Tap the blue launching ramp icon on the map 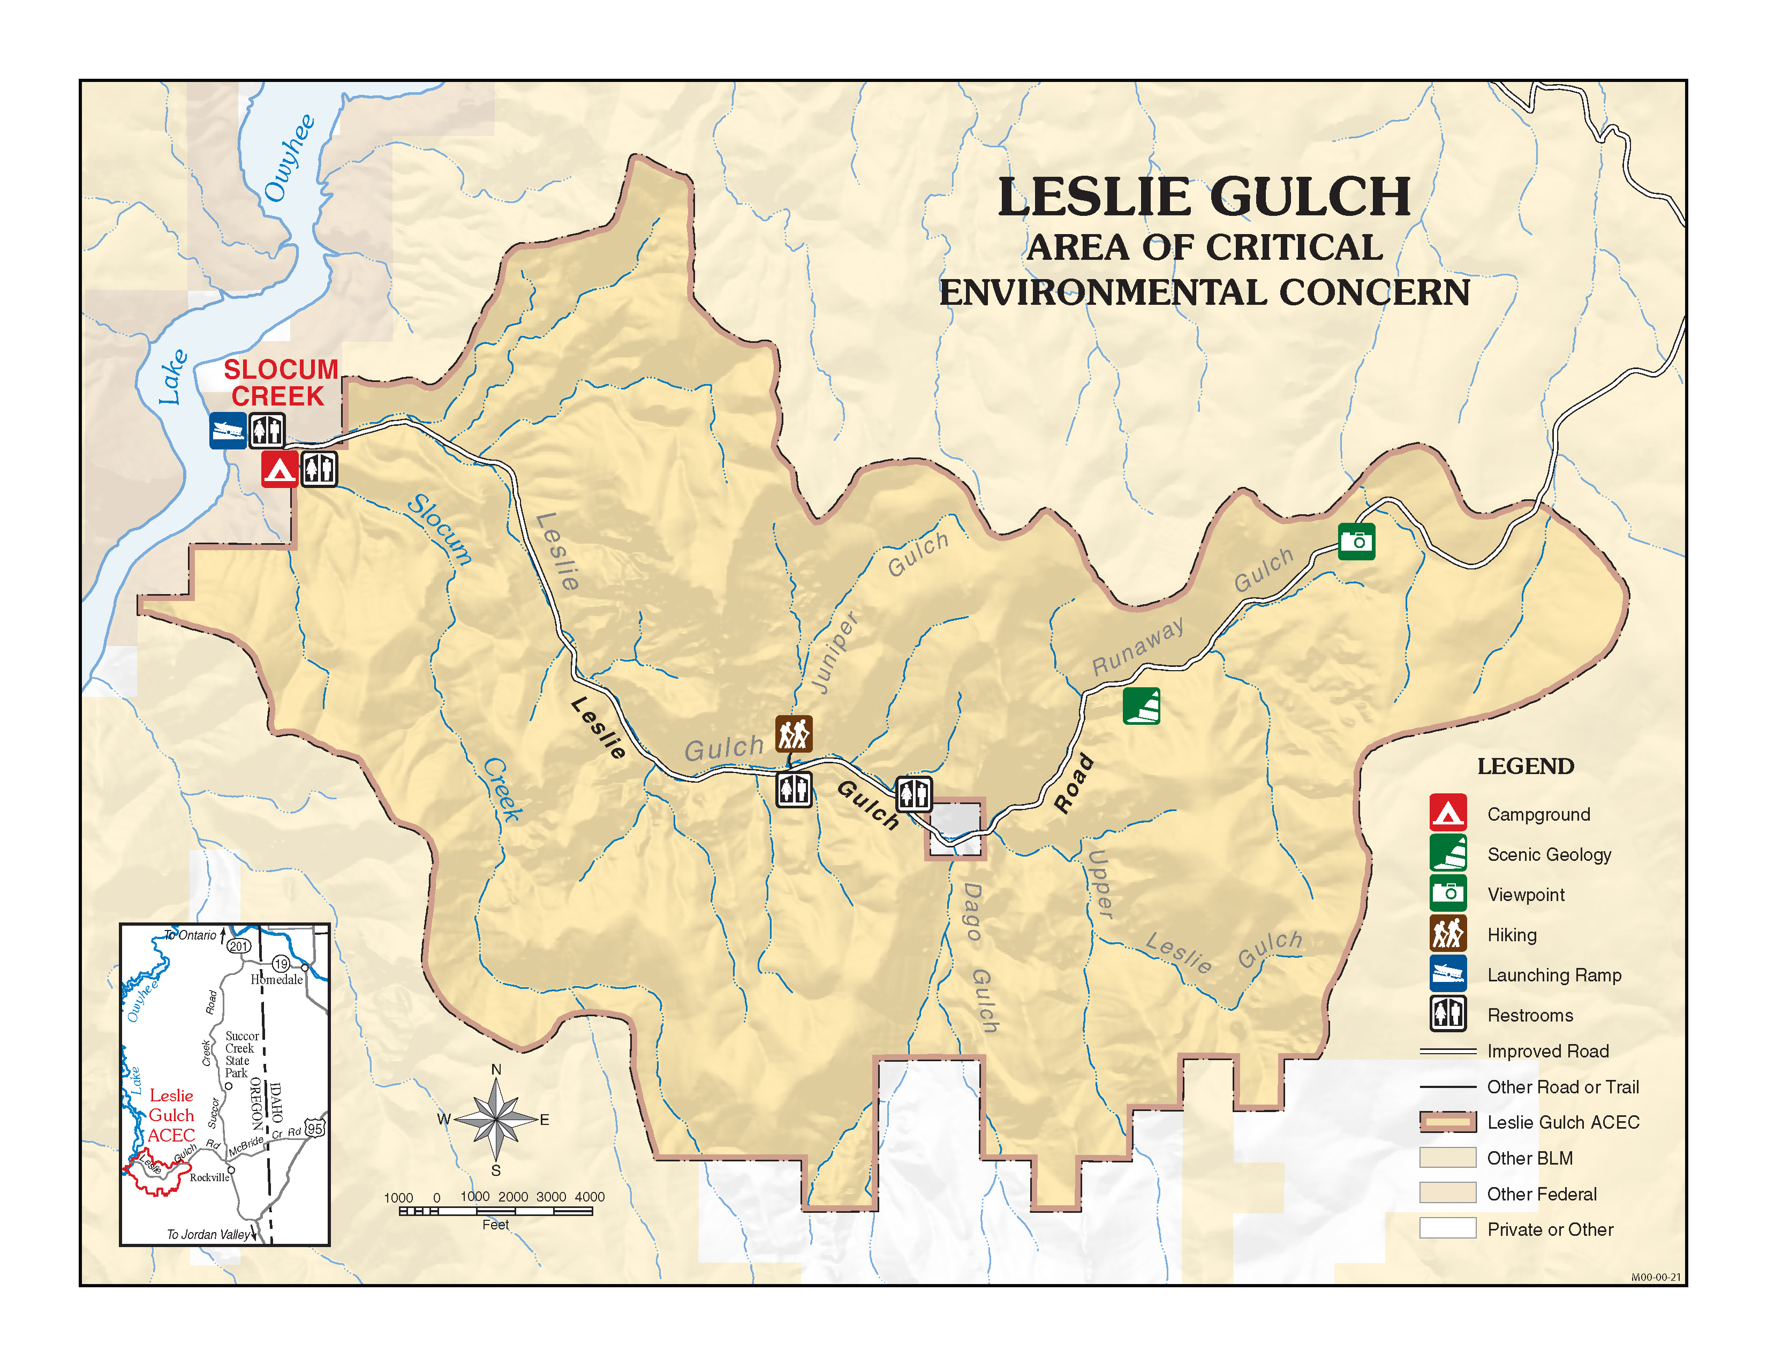coord(228,431)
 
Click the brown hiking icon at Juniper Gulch coord(793,734)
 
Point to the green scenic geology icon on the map coord(1141,705)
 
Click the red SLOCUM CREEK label coord(280,383)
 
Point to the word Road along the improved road coord(1074,783)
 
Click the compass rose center coord(496,1120)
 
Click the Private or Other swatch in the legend coord(1447,1228)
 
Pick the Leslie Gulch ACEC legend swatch coord(1447,1122)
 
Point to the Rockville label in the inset coord(209,1177)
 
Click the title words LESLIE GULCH coord(1204,198)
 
